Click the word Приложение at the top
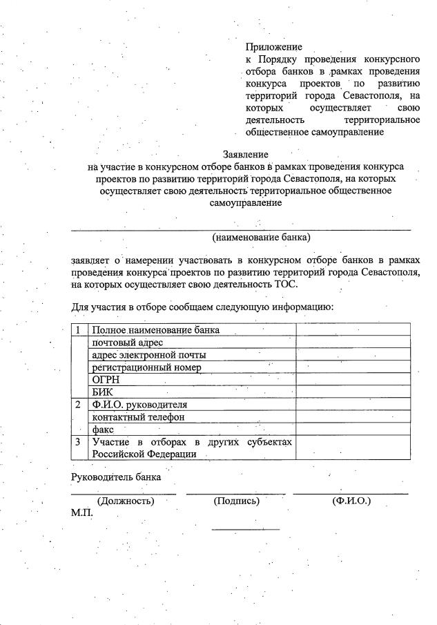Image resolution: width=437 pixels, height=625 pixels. [273, 47]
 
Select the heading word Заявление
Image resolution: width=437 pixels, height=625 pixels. [245, 154]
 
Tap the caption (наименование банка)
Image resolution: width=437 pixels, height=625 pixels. [262, 237]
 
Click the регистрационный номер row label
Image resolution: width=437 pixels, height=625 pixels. [146, 367]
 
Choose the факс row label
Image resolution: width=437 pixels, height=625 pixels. [103, 430]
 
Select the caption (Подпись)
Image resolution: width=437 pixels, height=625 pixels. [236, 501]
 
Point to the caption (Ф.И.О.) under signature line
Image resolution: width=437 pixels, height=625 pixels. [351, 501]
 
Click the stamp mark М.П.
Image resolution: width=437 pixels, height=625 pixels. [81, 513]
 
